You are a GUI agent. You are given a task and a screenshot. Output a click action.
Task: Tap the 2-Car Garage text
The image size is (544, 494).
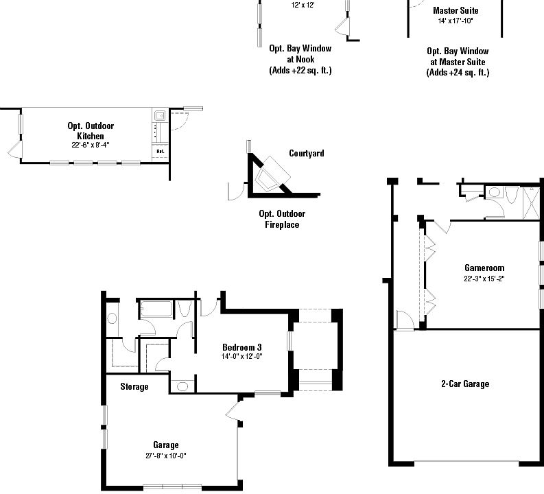point(464,384)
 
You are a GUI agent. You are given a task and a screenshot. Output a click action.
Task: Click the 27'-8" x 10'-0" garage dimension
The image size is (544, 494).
point(165,456)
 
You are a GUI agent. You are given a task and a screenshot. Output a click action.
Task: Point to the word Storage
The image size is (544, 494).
point(134,387)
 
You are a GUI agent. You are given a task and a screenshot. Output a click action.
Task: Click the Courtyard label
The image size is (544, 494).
point(306,154)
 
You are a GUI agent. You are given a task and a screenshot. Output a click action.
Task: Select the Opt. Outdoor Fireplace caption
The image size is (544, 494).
point(282,219)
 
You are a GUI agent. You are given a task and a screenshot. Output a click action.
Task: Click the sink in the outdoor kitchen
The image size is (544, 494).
point(158,116)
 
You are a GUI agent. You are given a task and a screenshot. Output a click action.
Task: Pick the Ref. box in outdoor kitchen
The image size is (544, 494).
point(160,151)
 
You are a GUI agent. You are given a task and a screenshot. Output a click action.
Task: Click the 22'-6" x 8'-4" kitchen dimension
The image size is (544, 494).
point(90,145)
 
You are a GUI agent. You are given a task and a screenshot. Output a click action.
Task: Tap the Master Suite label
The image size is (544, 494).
point(456,11)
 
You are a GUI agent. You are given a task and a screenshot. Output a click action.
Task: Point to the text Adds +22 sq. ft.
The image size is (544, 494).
point(300,70)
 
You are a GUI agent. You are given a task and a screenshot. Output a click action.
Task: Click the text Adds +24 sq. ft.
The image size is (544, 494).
point(458,73)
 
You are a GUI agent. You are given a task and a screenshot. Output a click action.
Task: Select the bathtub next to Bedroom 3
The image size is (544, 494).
point(156,309)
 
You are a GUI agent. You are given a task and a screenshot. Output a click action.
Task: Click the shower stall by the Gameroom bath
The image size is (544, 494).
point(530,200)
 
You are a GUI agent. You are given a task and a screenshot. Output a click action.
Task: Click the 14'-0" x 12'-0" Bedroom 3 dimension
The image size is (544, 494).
point(242,357)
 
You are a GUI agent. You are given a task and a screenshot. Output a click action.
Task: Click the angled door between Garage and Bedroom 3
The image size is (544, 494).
point(231,412)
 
